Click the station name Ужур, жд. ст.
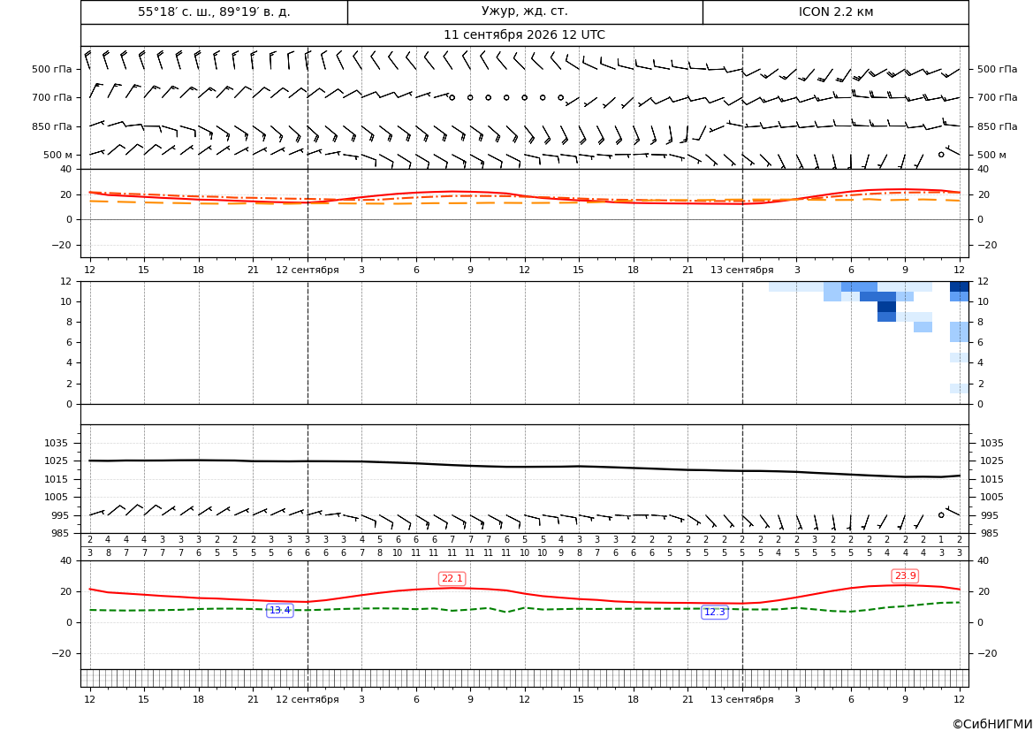pos(524,11)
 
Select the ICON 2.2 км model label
pos(835,11)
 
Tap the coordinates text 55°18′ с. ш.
pos(176,11)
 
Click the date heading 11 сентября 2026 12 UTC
pos(524,35)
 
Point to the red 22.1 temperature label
pos(452,579)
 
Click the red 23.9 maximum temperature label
pos(905,576)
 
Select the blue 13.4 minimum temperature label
pos(279,611)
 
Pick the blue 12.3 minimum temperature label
pos(714,613)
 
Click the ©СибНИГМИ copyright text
pos(992,724)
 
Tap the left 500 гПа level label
pos(52,69)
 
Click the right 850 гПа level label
pos(998,126)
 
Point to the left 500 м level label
pos(57,155)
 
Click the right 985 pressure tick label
pos(988,533)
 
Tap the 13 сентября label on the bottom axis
pos(741,699)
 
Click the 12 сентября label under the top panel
pos(307,270)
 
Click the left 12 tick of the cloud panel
pos(66,281)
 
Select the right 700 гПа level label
pos(998,97)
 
